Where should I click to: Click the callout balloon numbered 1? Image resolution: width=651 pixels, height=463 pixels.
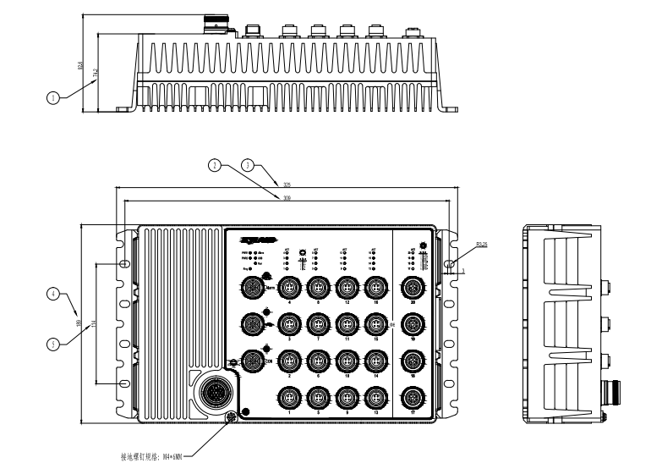(x=53, y=98)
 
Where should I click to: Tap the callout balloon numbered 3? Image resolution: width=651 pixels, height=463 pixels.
(x=248, y=165)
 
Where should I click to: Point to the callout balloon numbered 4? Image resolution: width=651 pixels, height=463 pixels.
(x=53, y=294)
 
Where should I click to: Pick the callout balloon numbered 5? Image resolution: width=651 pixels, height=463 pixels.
(x=53, y=344)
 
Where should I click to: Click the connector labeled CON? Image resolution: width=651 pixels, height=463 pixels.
(x=252, y=361)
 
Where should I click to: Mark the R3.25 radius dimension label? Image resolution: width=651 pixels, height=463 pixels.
(x=458, y=245)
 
